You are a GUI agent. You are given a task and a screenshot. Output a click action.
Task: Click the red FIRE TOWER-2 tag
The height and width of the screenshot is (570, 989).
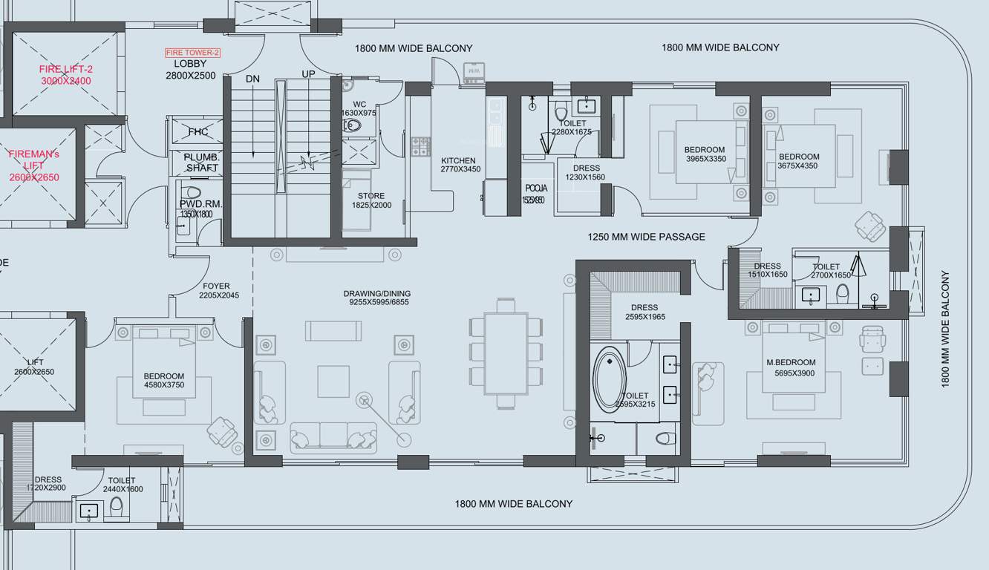[192, 53]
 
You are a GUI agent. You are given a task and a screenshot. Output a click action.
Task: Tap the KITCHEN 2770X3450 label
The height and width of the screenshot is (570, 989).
[460, 166]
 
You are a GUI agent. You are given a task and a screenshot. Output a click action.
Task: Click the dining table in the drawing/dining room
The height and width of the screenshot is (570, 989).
[506, 353]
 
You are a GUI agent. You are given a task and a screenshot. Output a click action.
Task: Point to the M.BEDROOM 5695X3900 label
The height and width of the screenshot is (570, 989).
[791, 368]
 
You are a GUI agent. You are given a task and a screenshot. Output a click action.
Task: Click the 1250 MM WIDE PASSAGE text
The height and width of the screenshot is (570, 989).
[646, 237]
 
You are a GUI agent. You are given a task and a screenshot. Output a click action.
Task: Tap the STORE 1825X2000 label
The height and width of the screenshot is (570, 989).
[371, 200]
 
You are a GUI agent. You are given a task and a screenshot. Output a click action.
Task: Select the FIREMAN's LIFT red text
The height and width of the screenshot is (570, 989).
[34, 166]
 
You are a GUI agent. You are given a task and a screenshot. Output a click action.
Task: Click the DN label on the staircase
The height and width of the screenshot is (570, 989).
[252, 79]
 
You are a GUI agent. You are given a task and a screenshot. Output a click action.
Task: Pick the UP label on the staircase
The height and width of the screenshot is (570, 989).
[308, 74]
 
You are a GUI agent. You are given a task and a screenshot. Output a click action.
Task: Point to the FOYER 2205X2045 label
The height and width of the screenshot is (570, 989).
[218, 290]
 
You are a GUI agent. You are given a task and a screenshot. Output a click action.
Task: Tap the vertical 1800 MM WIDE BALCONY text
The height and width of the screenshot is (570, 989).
[945, 328]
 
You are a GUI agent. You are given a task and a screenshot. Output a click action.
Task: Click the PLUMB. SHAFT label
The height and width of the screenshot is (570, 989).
[200, 163]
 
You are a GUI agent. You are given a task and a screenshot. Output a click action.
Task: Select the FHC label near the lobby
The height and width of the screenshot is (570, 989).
[198, 132]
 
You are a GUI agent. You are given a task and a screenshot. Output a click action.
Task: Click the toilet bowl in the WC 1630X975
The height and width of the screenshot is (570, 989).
[352, 126]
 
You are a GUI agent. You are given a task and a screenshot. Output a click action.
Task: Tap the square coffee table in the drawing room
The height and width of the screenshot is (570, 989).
[333, 381]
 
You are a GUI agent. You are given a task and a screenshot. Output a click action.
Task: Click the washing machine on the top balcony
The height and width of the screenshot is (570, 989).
[474, 73]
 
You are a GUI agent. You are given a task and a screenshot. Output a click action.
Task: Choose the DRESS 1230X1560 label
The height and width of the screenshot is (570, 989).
[585, 173]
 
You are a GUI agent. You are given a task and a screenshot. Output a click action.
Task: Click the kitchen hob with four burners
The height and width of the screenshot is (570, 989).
[421, 145]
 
